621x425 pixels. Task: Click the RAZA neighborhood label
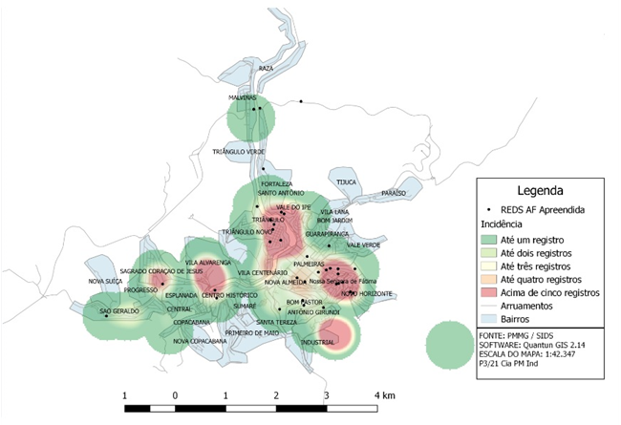tap(266, 69)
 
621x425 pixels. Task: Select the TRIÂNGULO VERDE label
tap(239, 152)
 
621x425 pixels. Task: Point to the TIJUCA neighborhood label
tap(345, 181)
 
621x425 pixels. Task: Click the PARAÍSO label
tap(394, 192)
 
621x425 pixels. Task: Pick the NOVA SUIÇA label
tap(105, 281)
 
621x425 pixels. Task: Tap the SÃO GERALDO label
tap(120, 311)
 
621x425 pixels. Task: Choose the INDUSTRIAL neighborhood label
tap(317, 341)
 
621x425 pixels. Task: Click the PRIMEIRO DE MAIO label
tap(251, 333)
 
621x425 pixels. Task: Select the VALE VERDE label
tap(363, 244)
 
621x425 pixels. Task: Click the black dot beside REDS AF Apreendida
tap(490, 208)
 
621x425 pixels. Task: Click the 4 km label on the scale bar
tap(385, 395)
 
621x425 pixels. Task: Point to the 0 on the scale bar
tap(175, 395)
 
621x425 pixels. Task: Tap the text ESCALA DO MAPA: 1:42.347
tap(522, 356)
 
